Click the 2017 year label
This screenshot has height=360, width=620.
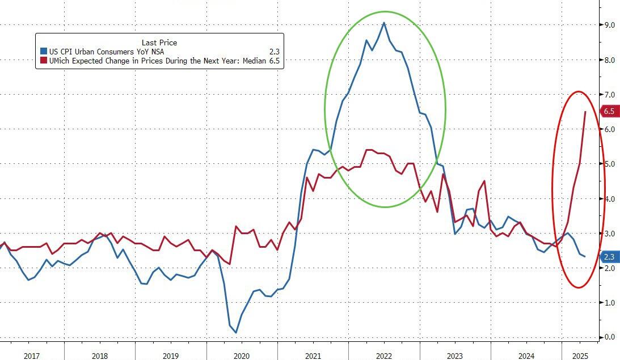coord(31,355)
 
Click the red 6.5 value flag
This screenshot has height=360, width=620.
coord(609,112)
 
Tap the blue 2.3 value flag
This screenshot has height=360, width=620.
coord(609,257)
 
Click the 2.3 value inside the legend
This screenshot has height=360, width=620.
coord(273,51)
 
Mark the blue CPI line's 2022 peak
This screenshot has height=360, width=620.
coord(384,23)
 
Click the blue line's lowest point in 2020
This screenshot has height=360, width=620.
coord(235,332)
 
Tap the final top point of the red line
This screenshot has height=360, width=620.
coord(585,112)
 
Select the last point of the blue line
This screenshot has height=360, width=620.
coord(585,257)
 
